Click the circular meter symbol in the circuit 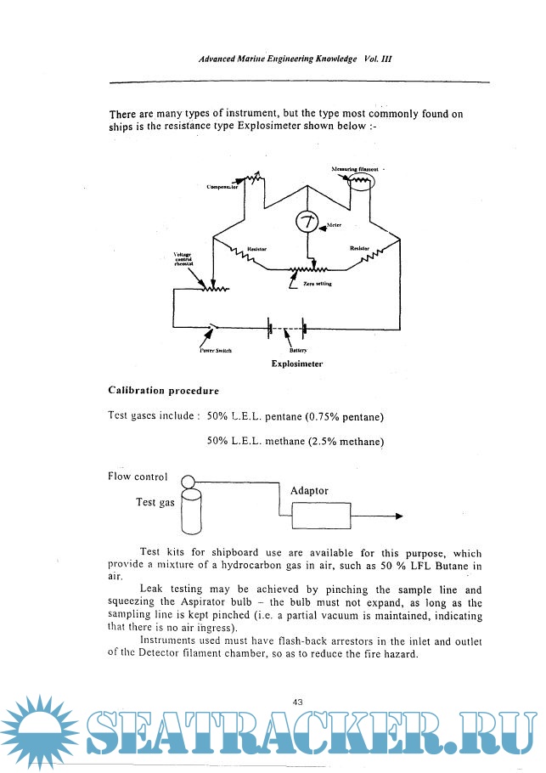pos(307,223)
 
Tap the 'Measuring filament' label pos(354,170)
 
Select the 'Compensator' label pos(222,186)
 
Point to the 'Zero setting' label pos(317,283)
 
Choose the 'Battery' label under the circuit pos(297,350)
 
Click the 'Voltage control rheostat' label pos(184,258)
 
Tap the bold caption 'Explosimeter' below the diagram pos(296,363)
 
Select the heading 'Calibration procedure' pos(163,391)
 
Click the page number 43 pos(297,702)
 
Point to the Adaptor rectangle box pos(321,516)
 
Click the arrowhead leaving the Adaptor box pos(398,516)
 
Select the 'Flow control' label pos(138,476)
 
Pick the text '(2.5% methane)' pos(346,442)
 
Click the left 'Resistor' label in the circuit pos(257,249)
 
